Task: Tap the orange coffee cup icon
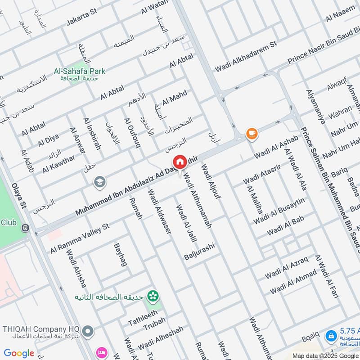251,133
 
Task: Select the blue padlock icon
331,335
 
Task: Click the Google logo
19,353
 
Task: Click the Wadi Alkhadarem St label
245,58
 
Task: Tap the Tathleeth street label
143,318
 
